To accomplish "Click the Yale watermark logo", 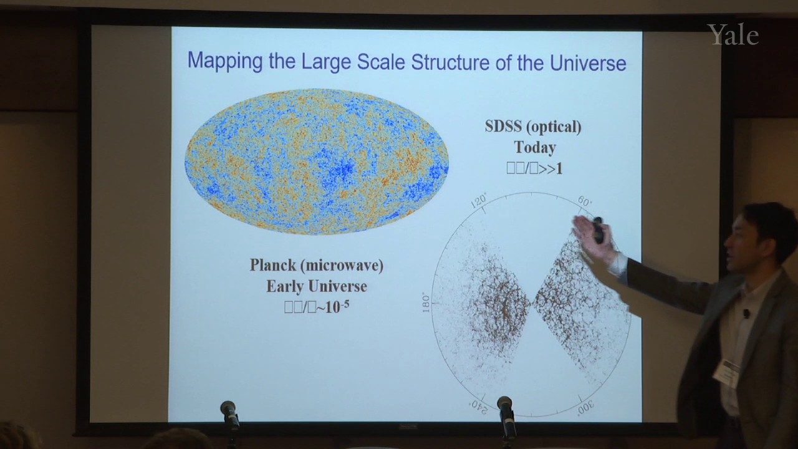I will (x=733, y=35).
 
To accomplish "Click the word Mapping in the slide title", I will (x=225, y=61).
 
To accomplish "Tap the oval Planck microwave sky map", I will (x=316, y=162).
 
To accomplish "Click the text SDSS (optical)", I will (x=533, y=127).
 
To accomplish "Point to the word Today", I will (x=534, y=148).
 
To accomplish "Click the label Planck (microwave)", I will (x=316, y=265).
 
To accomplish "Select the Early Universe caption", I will (x=316, y=286).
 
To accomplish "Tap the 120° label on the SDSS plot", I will (x=479, y=201).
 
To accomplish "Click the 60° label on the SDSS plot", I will (x=585, y=201).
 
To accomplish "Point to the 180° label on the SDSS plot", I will (x=426, y=302).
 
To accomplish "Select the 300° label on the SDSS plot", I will (x=585, y=407).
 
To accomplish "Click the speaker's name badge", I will (x=726, y=372).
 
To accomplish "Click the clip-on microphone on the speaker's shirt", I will (x=746, y=313).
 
